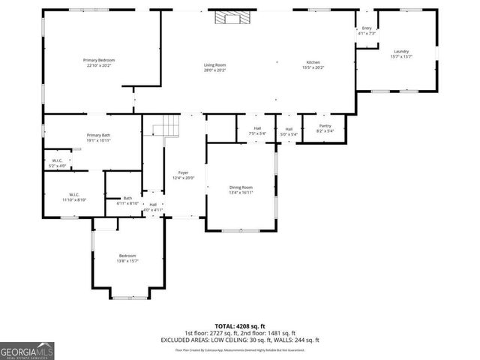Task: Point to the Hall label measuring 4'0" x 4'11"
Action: click(x=153, y=207)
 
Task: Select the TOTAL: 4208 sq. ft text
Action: click(x=240, y=326)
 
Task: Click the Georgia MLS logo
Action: click(x=27, y=350)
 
